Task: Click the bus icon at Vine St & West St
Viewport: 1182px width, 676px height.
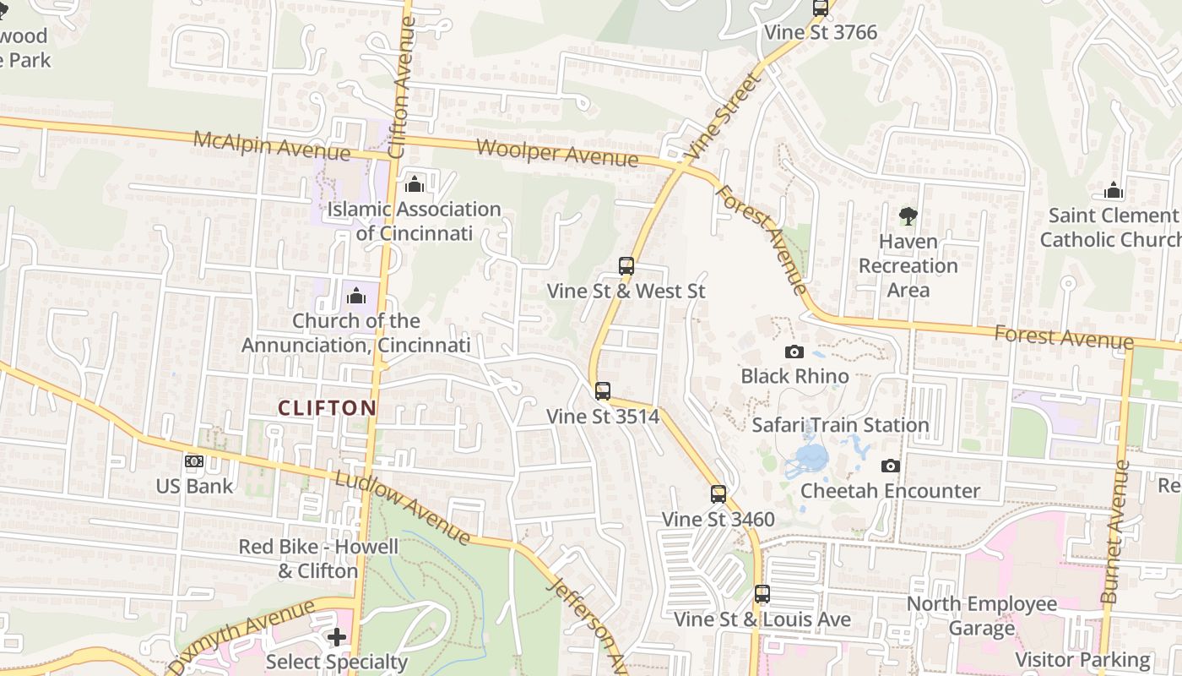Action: (x=626, y=266)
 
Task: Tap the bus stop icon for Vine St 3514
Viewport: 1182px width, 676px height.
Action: (x=602, y=391)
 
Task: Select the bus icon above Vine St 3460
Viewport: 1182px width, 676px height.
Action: (x=718, y=494)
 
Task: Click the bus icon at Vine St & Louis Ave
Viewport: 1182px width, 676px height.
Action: (x=762, y=594)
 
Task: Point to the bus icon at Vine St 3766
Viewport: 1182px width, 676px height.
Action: (x=821, y=8)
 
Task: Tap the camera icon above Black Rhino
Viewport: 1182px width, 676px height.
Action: (x=794, y=352)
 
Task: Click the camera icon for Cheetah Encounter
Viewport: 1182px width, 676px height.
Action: (x=891, y=466)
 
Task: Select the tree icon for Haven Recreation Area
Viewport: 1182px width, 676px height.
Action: (x=908, y=216)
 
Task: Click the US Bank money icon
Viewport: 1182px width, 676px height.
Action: (x=194, y=461)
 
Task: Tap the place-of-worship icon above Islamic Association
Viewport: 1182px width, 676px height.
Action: (x=415, y=184)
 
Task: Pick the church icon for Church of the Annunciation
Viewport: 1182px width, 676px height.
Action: (x=356, y=296)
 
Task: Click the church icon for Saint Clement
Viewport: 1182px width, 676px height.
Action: (x=1114, y=191)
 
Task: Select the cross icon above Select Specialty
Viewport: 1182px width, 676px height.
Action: (x=337, y=637)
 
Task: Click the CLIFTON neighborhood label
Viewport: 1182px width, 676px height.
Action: (x=328, y=408)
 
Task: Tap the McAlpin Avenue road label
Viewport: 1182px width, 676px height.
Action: (x=271, y=145)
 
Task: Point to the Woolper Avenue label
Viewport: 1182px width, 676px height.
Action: (x=557, y=153)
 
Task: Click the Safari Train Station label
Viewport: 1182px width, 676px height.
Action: (x=840, y=425)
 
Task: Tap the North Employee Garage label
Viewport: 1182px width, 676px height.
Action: (x=981, y=616)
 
